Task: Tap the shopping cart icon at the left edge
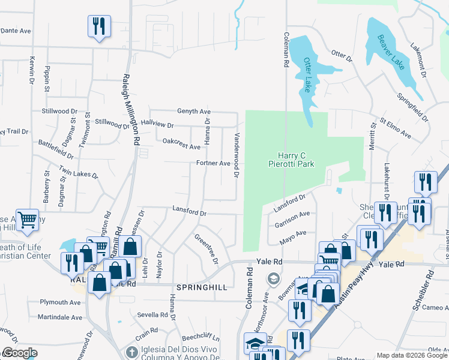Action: click(27, 220)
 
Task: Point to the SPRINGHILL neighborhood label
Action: click(201, 287)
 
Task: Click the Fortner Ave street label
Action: click(213, 163)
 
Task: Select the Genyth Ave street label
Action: click(193, 112)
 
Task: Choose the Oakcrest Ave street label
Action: click(181, 144)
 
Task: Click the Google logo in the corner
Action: click(20, 353)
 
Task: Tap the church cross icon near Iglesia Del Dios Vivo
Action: click(133, 351)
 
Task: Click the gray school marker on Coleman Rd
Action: click(273, 279)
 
